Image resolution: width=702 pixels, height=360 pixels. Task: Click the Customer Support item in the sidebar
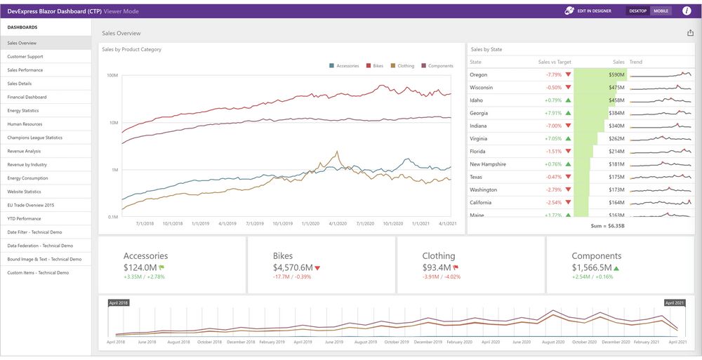click(x=25, y=56)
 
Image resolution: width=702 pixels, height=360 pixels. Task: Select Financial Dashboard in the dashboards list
click(x=27, y=97)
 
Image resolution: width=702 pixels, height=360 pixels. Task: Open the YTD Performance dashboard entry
click(x=25, y=219)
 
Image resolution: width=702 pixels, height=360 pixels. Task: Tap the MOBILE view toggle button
click(x=661, y=11)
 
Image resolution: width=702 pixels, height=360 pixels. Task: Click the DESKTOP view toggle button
click(x=638, y=11)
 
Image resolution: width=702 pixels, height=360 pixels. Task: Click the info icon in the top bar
click(x=687, y=11)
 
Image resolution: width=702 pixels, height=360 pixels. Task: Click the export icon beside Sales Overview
click(x=690, y=33)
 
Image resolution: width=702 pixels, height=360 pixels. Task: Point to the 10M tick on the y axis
click(x=112, y=123)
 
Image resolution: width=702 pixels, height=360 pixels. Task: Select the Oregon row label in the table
click(x=479, y=74)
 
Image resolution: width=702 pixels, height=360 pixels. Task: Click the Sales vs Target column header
click(x=555, y=62)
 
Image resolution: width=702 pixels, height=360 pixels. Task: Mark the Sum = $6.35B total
click(x=608, y=227)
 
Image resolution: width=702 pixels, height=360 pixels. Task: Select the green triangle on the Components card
click(x=616, y=267)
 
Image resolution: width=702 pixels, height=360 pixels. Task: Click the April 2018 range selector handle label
click(x=118, y=302)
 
